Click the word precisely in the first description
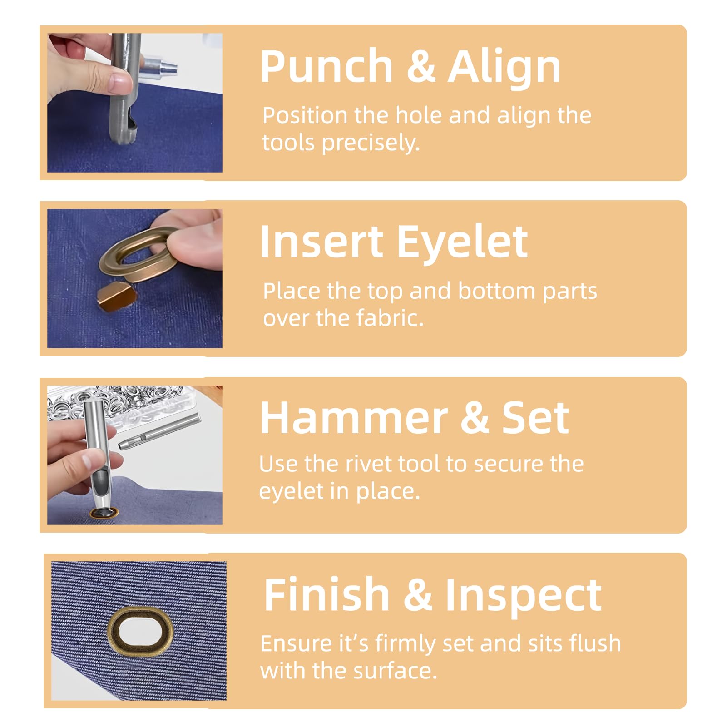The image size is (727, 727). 371,143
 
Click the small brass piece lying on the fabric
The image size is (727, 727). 116,297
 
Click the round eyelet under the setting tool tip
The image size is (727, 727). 104,513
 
